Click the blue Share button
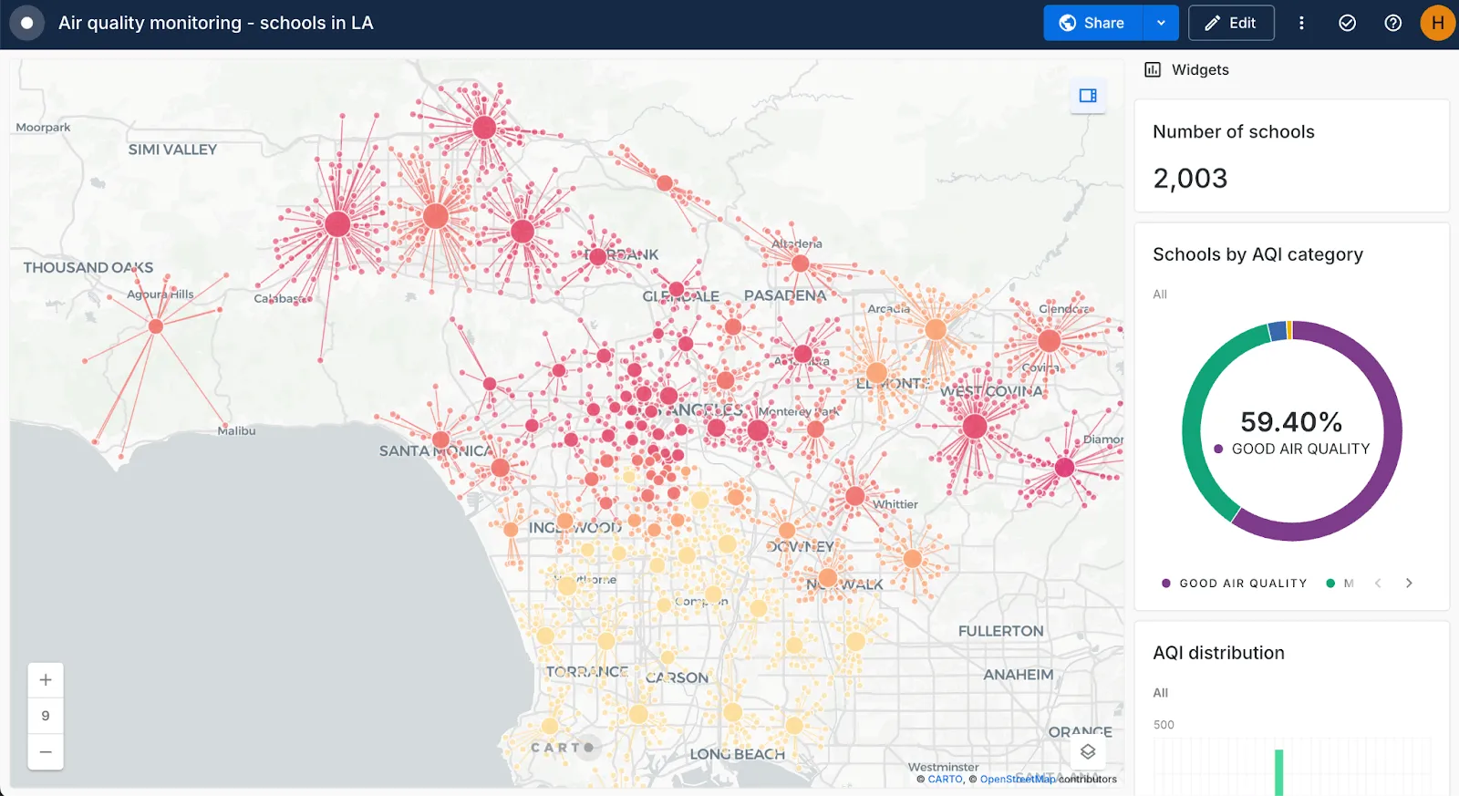click(1092, 24)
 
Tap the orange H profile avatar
click(1437, 24)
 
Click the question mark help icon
click(1392, 24)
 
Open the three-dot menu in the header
click(1301, 24)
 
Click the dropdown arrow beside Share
click(1161, 24)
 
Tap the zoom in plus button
click(46, 680)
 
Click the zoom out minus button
click(46, 752)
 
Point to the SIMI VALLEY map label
click(172, 150)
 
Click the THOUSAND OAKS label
click(88, 267)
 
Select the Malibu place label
click(236, 430)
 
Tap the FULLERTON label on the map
click(1000, 631)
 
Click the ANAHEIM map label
click(1018, 675)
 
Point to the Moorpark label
click(43, 128)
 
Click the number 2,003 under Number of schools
click(1190, 179)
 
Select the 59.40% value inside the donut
click(1290, 422)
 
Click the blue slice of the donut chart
click(1278, 331)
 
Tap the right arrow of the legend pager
click(1409, 584)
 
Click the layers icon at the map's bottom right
click(1088, 752)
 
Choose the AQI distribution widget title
click(1218, 653)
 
